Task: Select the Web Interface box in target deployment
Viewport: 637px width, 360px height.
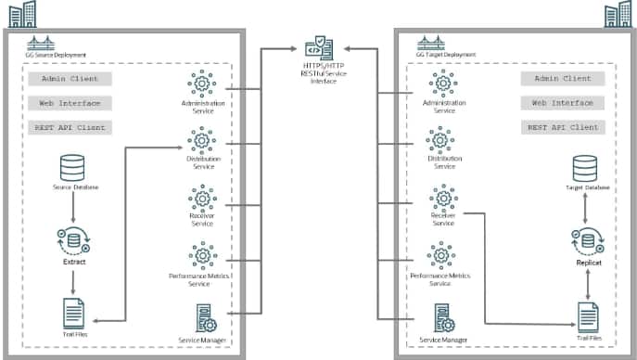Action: (x=563, y=103)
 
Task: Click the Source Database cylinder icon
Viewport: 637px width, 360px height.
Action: (x=74, y=168)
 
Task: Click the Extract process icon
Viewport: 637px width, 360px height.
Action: (x=74, y=240)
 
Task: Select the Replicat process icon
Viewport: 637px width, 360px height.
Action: (x=586, y=241)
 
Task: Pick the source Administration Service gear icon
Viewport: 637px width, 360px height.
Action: (x=202, y=84)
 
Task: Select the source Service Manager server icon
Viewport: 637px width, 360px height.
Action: (x=205, y=319)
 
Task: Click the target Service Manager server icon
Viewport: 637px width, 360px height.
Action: (x=444, y=319)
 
